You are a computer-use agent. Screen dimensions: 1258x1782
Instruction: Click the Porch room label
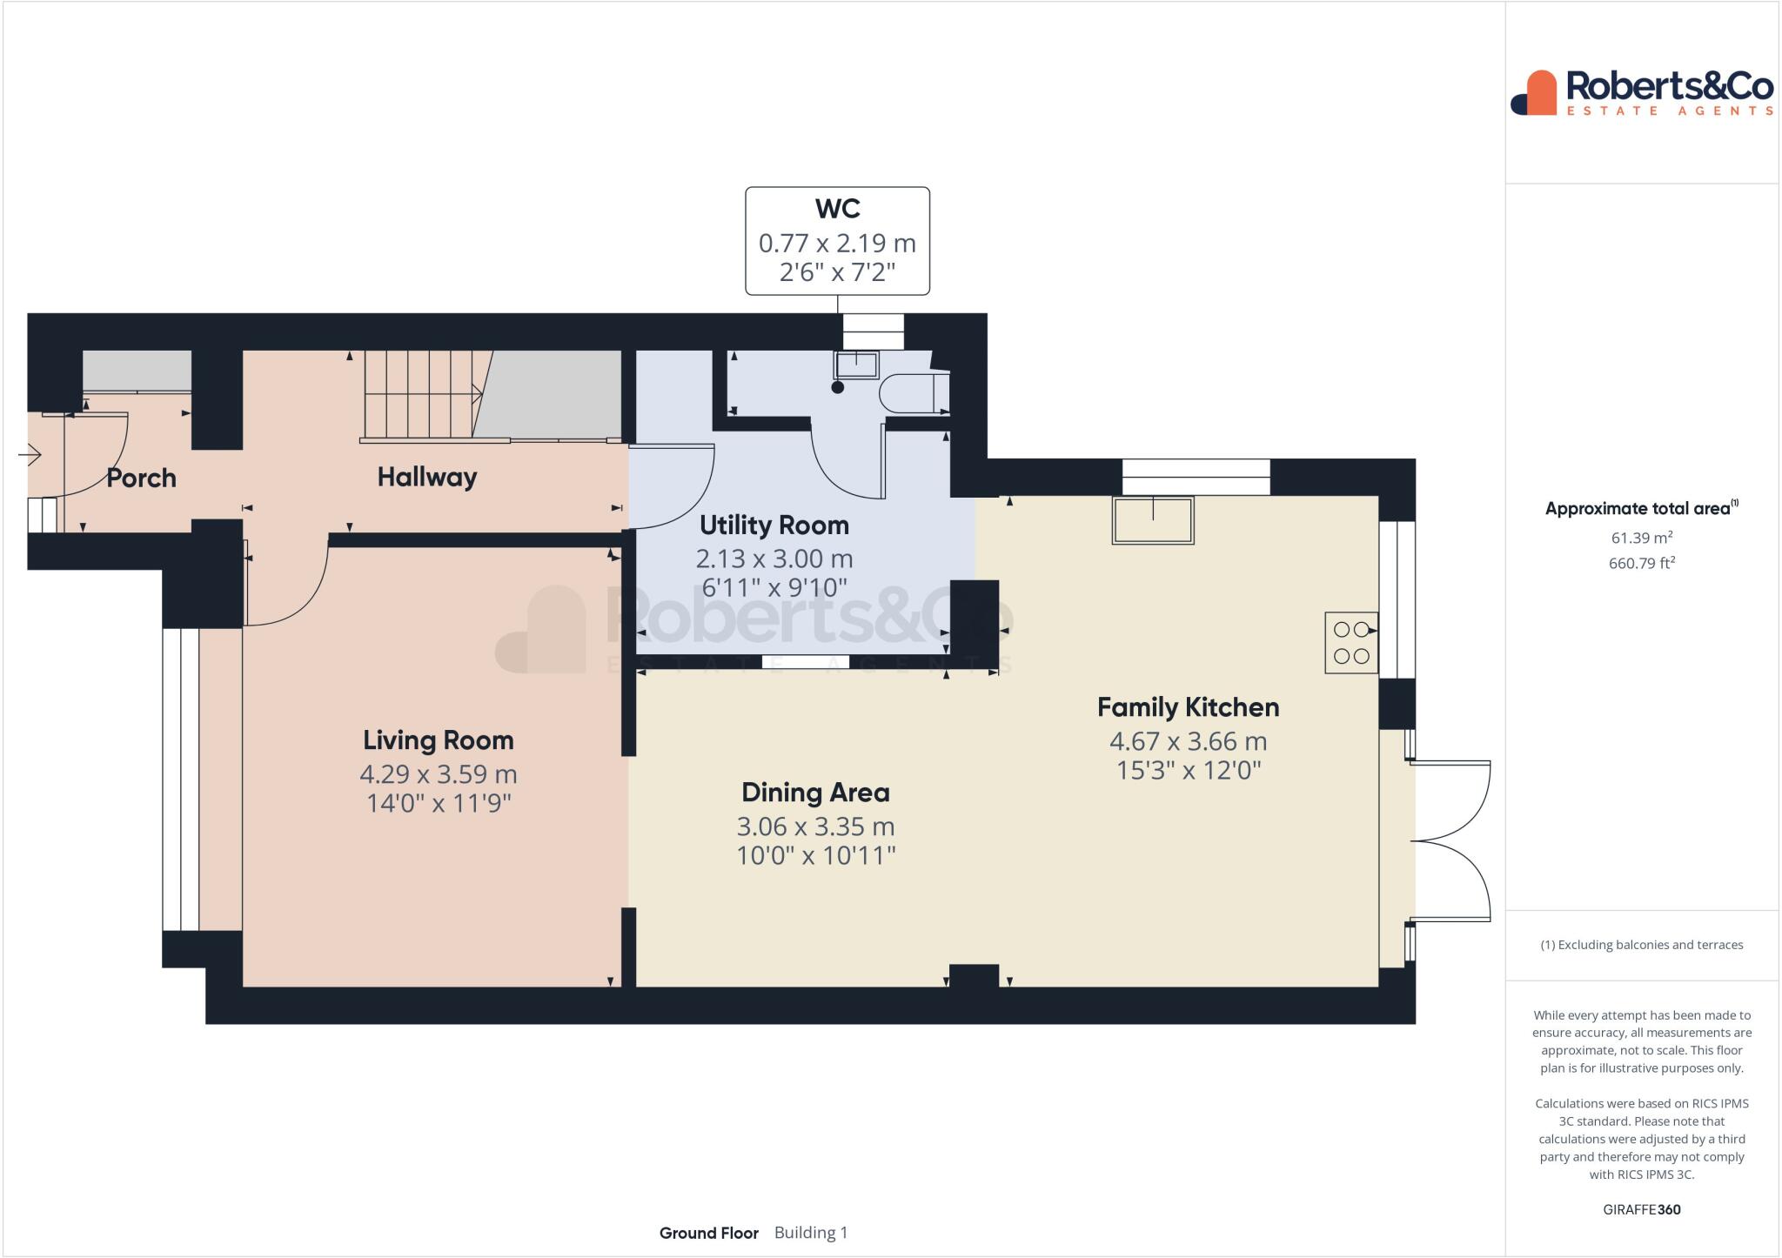[x=141, y=478]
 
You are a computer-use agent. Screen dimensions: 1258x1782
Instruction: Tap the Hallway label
[x=426, y=477]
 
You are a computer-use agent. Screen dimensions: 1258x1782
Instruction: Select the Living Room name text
[x=438, y=740]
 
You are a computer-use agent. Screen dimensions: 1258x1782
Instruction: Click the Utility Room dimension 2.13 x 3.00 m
[x=774, y=559]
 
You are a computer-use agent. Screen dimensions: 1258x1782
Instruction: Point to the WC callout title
[x=837, y=209]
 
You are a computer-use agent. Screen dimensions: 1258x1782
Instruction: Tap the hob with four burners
[x=1350, y=643]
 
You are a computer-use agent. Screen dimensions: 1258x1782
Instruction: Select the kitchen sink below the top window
[x=1152, y=520]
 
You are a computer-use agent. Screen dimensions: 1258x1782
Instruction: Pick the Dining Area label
[x=815, y=793]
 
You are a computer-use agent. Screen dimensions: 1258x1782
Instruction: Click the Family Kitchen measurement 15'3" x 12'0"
[x=1188, y=770]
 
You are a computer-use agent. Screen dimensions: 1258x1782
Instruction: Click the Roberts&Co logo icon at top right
[x=1533, y=93]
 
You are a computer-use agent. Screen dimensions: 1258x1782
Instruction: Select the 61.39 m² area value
[x=1641, y=538]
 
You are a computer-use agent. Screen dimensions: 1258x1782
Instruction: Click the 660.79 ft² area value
[x=1641, y=563]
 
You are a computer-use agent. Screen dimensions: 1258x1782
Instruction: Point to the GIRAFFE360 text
[x=1641, y=1209]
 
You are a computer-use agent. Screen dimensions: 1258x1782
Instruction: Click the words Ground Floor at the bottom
[x=708, y=1233]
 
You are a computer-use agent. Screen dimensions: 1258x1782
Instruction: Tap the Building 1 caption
[x=810, y=1233]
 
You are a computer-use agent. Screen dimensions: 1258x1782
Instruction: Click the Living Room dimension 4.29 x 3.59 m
[x=438, y=773]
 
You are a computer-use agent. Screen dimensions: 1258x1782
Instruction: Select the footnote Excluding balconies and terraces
[x=1641, y=945]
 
